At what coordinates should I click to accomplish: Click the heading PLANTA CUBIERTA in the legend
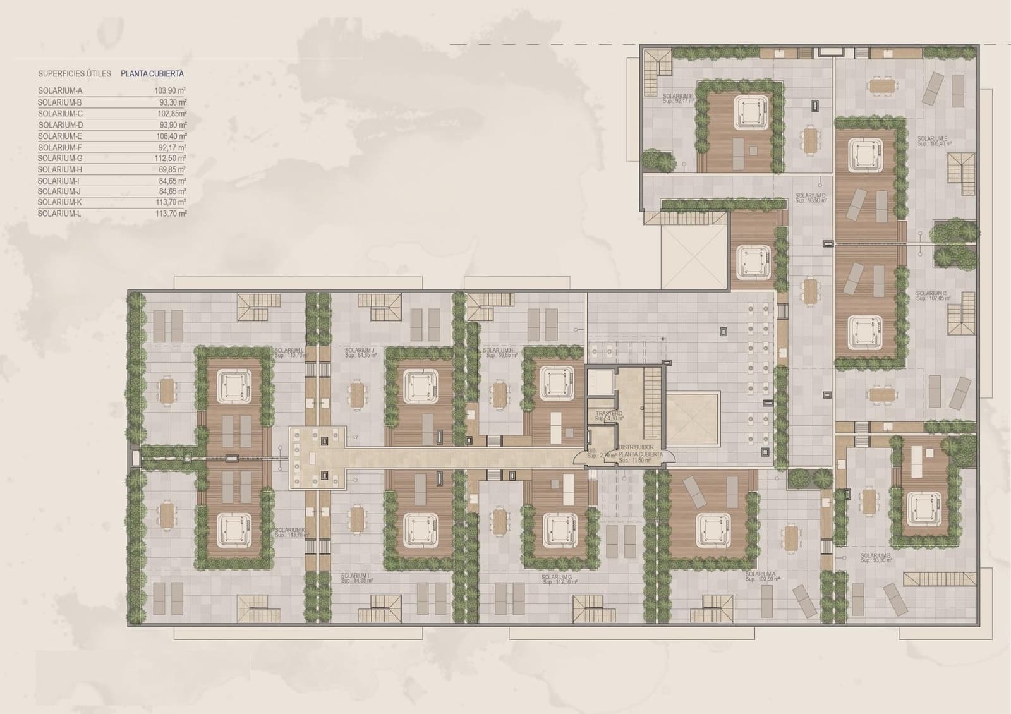pos(152,74)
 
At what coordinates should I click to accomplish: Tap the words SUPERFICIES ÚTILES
pos(75,74)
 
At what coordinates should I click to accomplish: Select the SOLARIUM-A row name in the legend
pos(60,91)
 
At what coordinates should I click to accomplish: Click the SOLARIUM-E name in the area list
pos(60,136)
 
